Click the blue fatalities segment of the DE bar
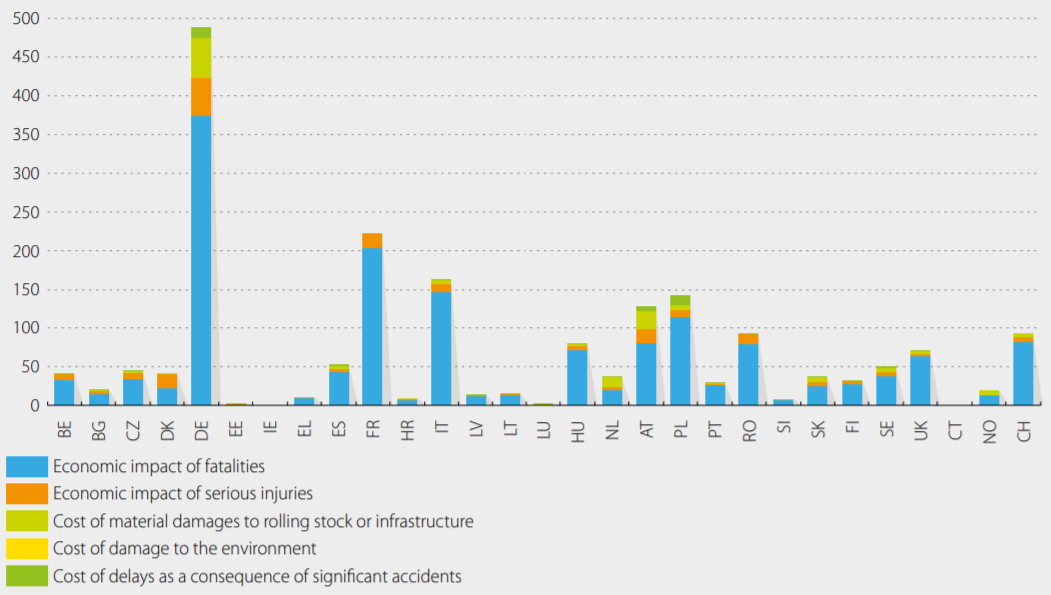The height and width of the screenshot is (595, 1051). click(x=201, y=260)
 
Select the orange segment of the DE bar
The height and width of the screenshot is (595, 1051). click(x=201, y=97)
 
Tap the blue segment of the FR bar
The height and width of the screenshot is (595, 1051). click(x=372, y=325)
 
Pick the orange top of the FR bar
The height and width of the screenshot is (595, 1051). click(x=372, y=240)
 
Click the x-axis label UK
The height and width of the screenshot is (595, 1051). click(x=921, y=429)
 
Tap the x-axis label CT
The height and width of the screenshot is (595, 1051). click(x=955, y=429)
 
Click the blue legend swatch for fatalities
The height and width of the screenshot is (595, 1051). click(x=27, y=466)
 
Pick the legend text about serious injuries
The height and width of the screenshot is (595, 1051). click(x=183, y=493)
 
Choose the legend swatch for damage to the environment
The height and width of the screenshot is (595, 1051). click(x=27, y=548)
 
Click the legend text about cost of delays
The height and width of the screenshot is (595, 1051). click(x=257, y=576)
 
